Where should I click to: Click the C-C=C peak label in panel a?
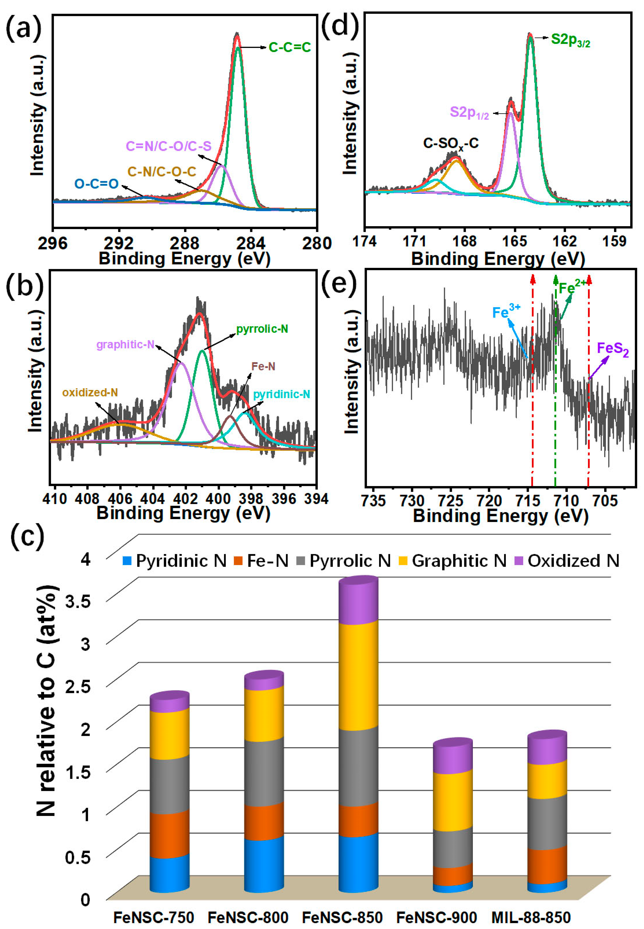click(290, 48)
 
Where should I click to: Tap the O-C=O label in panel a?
click(96, 184)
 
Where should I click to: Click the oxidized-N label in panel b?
click(90, 393)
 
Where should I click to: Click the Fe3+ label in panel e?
click(506, 312)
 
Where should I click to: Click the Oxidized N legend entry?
click(567, 561)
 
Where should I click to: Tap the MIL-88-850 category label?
click(531, 917)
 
